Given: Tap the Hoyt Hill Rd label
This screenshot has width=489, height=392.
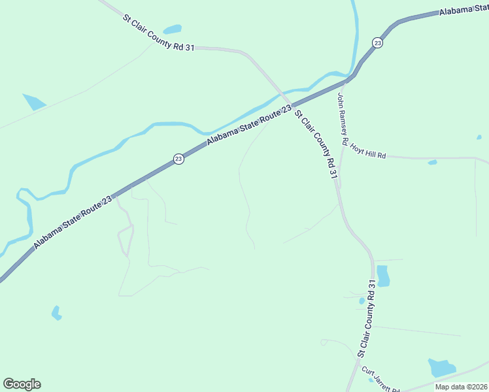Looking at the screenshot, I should click(367, 152).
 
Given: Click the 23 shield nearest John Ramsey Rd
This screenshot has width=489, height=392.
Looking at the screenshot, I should click(377, 42).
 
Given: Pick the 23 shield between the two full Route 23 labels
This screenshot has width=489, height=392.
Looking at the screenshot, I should click(178, 159).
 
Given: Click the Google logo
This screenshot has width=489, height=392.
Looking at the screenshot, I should click(22, 384).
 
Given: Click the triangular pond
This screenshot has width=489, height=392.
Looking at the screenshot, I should click(33, 101).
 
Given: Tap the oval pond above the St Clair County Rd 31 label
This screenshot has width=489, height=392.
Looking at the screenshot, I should click(173, 29).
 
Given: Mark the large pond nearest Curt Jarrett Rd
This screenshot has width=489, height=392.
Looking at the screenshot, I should click(441, 368).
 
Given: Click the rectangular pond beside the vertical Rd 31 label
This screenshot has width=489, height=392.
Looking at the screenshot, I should click(382, 276).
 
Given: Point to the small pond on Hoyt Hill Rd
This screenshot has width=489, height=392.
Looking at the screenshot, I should click(432, 162).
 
